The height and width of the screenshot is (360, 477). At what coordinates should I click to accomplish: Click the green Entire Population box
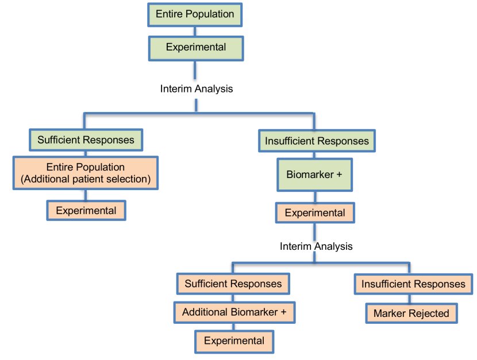click(x=195, y=14)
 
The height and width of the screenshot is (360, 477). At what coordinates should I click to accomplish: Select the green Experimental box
click(x=195, y=47)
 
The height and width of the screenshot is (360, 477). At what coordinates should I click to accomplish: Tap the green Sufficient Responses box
click(x=86, y=140)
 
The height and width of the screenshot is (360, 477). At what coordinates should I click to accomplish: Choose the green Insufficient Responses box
click(x=317, y=141)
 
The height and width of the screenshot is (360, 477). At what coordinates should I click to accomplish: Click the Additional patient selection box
click(x=86, y=173)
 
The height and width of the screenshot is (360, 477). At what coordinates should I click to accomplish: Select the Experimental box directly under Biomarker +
click(x=315, y=213)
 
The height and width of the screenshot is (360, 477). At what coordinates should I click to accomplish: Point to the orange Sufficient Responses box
click(x=232, y=284)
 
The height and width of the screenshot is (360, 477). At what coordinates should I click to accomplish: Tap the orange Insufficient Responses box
click(x=414, y=284)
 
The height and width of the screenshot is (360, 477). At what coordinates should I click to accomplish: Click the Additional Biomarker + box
click(x=234, y=312)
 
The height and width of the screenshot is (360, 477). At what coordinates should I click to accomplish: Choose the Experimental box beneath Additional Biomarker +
click(x=234, y=341)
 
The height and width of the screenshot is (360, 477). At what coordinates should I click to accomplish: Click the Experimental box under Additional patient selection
click(x=86, y=211)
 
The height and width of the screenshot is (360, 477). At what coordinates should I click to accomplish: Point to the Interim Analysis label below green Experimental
click(x=196, y=89)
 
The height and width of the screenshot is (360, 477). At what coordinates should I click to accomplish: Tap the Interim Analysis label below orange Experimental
click(x=316, y=246)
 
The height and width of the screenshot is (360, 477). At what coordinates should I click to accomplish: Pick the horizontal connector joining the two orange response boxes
click(x=322, y=263)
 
